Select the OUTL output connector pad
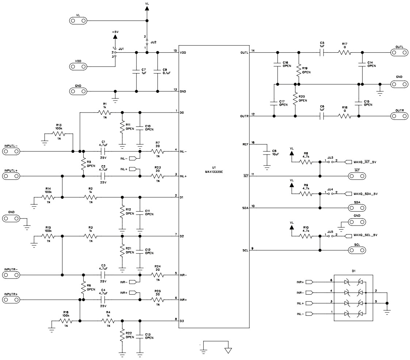tap(399, 53)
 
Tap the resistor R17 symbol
tap(345, 53)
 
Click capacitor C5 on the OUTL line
tap(322, 53)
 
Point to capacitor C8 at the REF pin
tap(267, 154)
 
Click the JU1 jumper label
tap(121, 48)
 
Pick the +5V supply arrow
tap(115, 37)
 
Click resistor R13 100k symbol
tap(58, 134)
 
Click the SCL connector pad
tap(357, 250)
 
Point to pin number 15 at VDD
tap(175, 50)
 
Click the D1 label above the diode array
tap(353, 271)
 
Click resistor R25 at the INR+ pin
tap(158, 299)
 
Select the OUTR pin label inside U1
tap(244, 117)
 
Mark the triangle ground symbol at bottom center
tap(228, 350)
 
